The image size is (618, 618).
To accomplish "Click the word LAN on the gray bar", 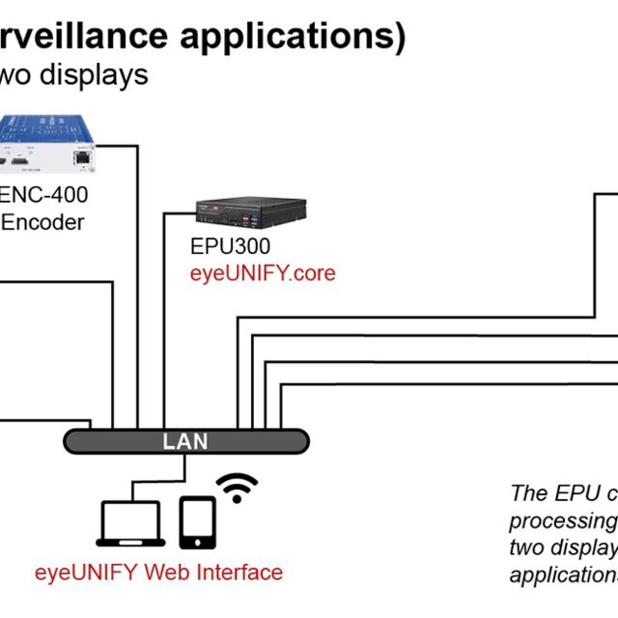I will pyautogui.click(x=184, y=441).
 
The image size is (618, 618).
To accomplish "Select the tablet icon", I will pyautogui.click(x=196, y=523).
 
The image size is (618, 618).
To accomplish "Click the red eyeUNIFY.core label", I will pyautogui.click(x=263, y=273).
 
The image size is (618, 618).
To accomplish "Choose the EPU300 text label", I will pyautogui.click(x=230, y=247).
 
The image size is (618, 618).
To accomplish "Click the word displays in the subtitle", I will pyautogui.click(x=98, y=74).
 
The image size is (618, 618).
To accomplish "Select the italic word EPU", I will pyautogui.click(x=574, y=493).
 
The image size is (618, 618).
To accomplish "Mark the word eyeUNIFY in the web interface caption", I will pyautogui.click(x=87, y=572).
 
